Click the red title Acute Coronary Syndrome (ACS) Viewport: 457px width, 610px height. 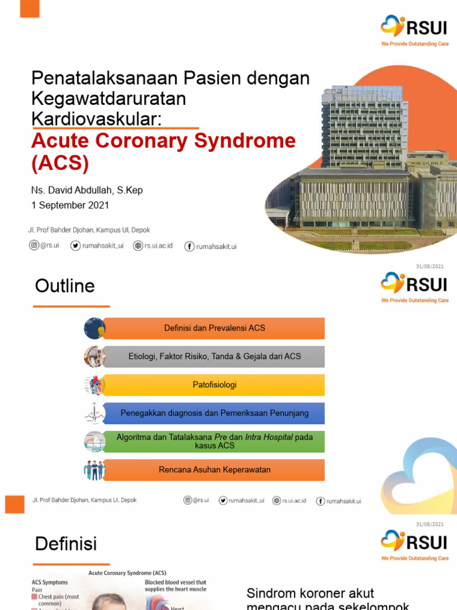click(x=163, y=151)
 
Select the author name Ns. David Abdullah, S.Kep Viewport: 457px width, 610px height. click(x=87, y=190)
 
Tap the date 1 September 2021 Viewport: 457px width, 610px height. click(x=70, y=206)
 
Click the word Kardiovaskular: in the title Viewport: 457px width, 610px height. click(x=96, y=118)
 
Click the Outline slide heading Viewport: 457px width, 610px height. click(x=65, y=286)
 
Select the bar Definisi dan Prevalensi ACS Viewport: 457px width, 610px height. click(x=215, y=328)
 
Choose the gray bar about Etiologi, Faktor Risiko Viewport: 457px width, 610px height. click(x=215, y=357)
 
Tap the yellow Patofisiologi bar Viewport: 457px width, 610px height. click(x=215, y=385)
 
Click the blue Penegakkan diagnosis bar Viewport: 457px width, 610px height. click(x=215, y=413)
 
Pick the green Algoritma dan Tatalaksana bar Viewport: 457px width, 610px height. click(x=215, y=441)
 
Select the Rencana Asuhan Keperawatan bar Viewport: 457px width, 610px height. click(x=215, y=470)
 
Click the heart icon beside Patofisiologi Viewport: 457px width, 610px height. click(x=95, y=385)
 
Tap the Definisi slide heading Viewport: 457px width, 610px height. click(x=65, y=543)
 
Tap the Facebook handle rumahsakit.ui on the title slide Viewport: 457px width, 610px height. click(x=211, y=246)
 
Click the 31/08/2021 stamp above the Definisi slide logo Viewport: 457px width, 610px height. click(x=430, y=524)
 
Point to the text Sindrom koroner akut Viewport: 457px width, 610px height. click(x=310, y=593)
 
